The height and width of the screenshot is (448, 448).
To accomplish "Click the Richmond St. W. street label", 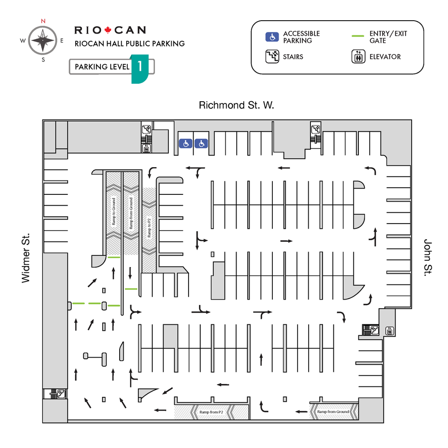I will (x=237, y=106).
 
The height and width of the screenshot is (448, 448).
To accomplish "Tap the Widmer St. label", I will (x=26, y=258).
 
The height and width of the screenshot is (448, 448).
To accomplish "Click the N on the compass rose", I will (x=43, y=21).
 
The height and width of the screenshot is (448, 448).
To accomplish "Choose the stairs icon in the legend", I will (x=272, y=57).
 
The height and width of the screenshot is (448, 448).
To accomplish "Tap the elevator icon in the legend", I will (x=358, y=57).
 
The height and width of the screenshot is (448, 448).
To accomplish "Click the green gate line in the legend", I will (x=358, y=35).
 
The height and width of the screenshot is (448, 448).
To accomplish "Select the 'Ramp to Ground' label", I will (x=114, y=214).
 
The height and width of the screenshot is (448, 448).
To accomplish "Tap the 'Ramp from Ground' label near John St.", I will (x=333, y=411).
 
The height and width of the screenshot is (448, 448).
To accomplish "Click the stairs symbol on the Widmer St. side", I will (x=60, y=394).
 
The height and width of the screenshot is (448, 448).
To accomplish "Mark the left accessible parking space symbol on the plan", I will (x=185, y=143).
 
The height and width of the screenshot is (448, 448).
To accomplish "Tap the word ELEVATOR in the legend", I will (x=385, y=57).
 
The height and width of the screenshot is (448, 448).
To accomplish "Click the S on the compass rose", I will (x=43, y=60).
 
